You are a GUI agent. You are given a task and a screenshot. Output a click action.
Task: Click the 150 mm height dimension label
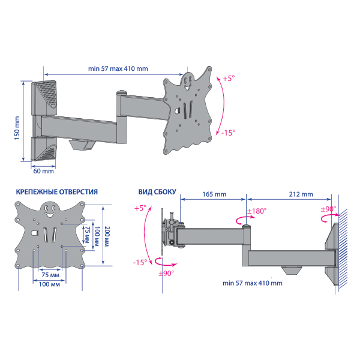[x=17, y=128]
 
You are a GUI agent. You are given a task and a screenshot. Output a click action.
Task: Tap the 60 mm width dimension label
[x=44, y=171]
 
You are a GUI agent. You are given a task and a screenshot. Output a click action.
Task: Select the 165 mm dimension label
[x=214, y=194]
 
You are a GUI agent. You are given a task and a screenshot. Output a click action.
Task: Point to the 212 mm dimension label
[x=301, y=194]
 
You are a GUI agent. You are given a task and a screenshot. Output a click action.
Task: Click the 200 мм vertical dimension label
[x=107, y=236]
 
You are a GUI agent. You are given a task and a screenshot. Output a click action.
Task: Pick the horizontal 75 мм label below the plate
[x=50, y=275]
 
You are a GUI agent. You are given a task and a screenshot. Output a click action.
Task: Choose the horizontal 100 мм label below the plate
[x=49, y=284]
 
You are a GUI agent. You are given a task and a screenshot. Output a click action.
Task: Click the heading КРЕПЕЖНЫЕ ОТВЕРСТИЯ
[x=57, y=192]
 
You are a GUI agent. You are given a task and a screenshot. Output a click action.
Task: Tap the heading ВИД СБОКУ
[x=157, y=192]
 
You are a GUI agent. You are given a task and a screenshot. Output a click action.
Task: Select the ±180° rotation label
[x=257, y=211]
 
